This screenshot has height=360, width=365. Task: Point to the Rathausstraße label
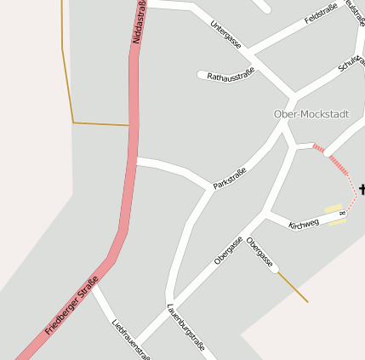[x=230, y=77]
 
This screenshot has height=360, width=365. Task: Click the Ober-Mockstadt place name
[x=311, y=114]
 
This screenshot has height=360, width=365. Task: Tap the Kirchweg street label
[x=304, y=224]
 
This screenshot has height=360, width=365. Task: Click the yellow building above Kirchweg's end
[x=332, y=209]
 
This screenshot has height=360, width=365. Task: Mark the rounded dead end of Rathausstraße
[x=202, y=75]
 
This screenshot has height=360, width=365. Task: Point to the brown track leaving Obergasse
[x=292, y=287]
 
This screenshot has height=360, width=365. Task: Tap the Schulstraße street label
[x=351, y=65]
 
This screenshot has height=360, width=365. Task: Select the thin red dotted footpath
[x=352, y=192]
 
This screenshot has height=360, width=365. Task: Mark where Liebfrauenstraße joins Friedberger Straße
[x=94, y=286]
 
